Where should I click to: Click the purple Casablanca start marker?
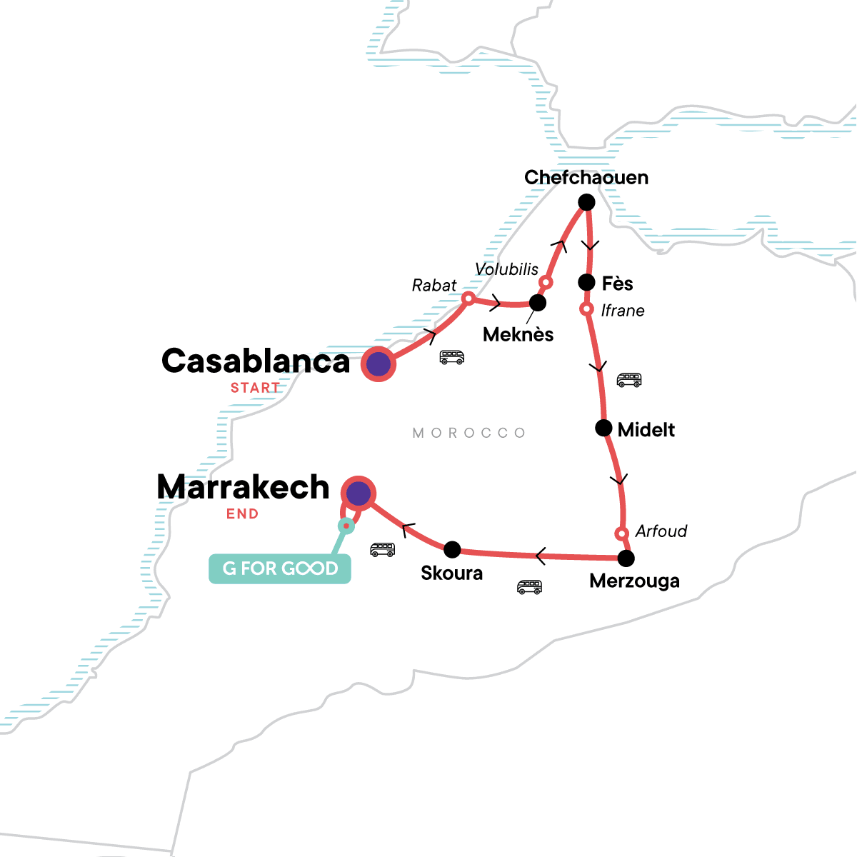tap(378, 364)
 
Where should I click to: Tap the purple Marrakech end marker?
tap(358, 493)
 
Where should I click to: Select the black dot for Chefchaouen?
tap(586, 203)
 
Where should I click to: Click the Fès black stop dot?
tap(586, 282)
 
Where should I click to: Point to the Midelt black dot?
tap(603, 428)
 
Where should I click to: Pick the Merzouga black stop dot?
tap(626, 558)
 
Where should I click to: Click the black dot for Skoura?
tap(452, 549)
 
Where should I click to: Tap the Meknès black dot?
tap(537, 303)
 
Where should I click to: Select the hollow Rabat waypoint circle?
tap(468, 298)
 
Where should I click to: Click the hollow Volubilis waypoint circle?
tap(546, 283)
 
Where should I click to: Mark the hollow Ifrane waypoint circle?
tap(586, 309)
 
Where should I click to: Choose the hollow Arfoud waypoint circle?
tap(621, 533)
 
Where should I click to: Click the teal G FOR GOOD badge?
tap(280, 569)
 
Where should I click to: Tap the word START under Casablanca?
tap(255, 389)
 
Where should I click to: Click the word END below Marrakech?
tap(242, 514)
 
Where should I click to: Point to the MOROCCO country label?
tap(469, 433)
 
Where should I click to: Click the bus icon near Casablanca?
tap(451, 357)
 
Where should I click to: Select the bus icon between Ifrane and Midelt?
tap(629, 380)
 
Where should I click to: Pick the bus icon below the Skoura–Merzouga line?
tap(529, 587)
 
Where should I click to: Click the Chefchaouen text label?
tap(586, 177)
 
